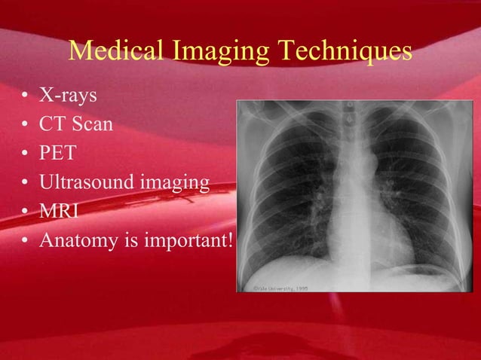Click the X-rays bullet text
(68, 96)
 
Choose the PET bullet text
(58, 153)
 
